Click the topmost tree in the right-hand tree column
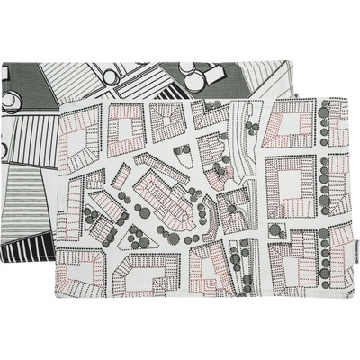(324, 109)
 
